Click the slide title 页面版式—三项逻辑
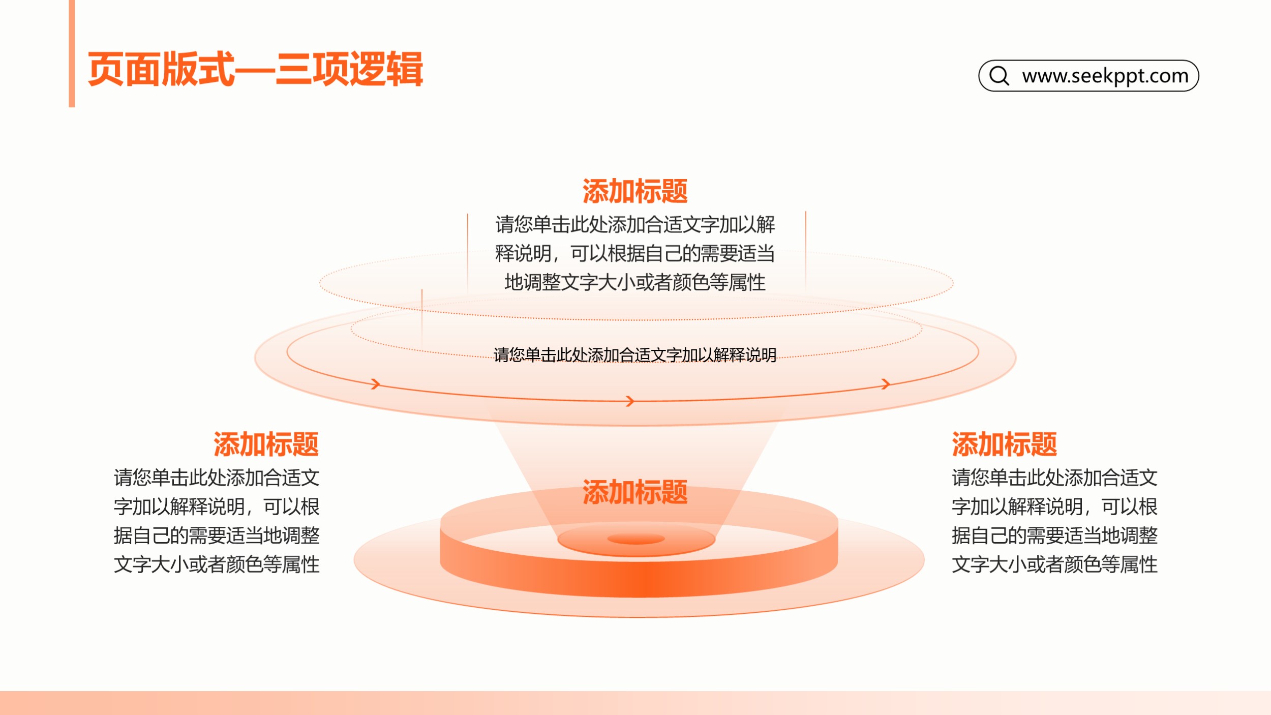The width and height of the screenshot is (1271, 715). tap(255, 69)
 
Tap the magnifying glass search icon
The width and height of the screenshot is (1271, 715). tap(1000, 76)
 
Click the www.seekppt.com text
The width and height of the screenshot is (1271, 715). tap(1105, 76)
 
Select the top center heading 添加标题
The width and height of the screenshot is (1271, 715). tap(635, 191)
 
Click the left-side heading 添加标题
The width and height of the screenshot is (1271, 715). tap(266, 444)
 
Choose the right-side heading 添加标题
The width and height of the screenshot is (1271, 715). tap(1005, 444)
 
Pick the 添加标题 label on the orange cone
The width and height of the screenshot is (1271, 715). tap(635, 492)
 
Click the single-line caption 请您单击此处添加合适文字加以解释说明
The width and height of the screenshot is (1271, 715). tap(635, 355)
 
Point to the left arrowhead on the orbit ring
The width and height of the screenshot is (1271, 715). tap(376, 383)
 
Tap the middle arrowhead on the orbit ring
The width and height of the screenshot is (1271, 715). tap(630, 401)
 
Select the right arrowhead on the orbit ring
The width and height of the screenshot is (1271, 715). tap(886, 383)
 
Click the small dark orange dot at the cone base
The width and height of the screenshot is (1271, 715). tap(636, 539)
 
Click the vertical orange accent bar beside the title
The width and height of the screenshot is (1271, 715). tap(72, 53)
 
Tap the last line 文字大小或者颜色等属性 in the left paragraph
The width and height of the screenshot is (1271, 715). tap(217, 564)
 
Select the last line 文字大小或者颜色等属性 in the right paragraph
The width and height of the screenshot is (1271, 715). tap(1055, 564)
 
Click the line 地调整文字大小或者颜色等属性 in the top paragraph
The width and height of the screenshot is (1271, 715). tap(635, 282)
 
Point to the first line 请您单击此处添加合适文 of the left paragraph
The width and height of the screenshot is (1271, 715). tap(217, 478)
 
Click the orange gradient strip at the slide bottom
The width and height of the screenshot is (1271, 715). tap(635, 703)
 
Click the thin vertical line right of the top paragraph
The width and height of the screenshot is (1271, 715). tap(806, 251)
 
